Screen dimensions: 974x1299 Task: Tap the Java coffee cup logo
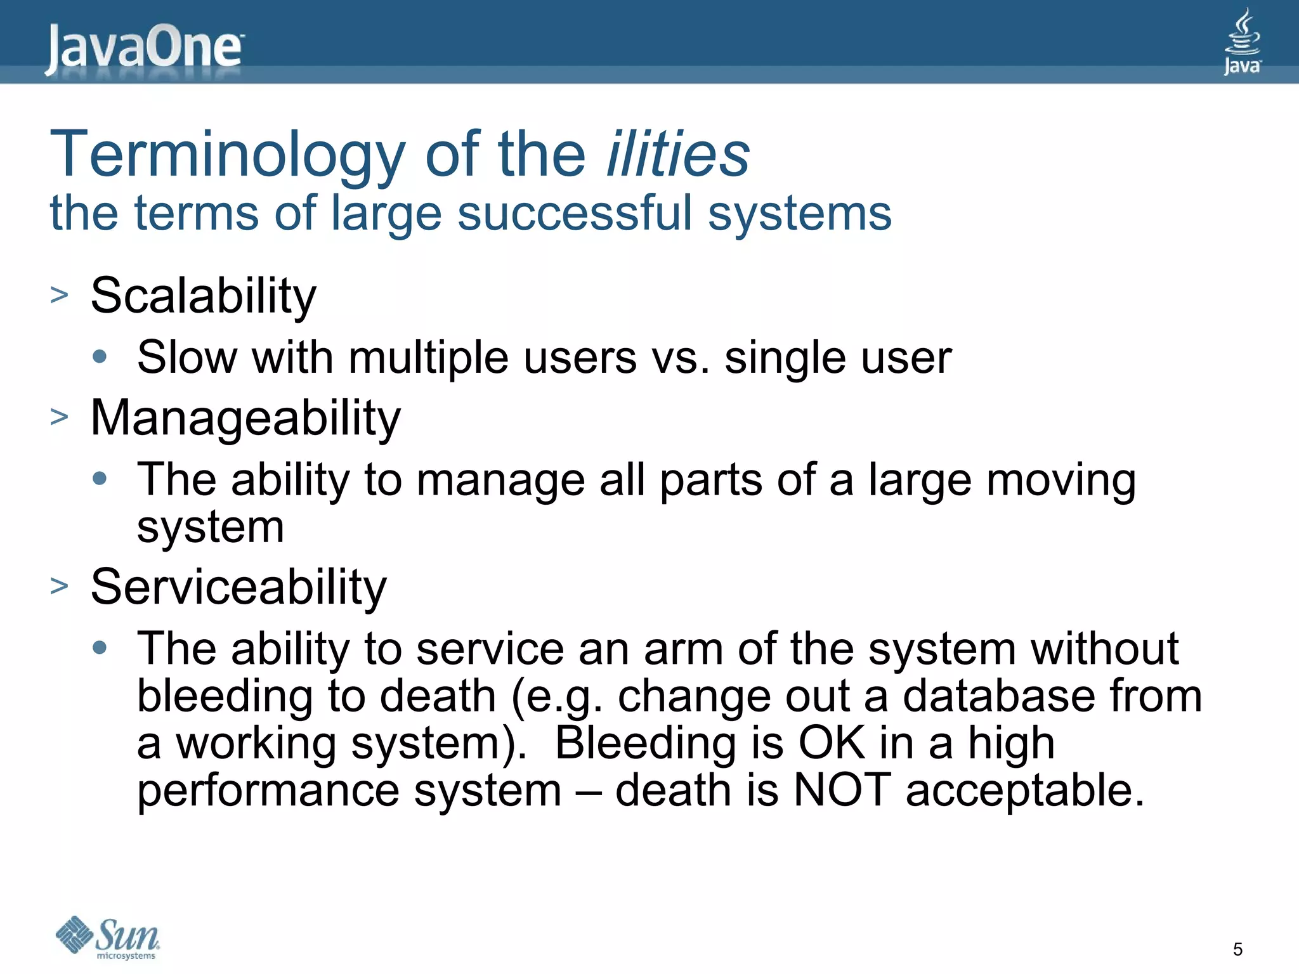pos(1242,42)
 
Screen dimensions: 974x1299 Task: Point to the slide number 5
pos(1237,949)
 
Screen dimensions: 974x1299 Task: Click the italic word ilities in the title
pos(677,154)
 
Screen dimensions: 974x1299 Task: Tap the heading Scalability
pos(203,296)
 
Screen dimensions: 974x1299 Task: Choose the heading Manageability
pos(245,419)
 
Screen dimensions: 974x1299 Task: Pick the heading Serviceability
pos(238,587)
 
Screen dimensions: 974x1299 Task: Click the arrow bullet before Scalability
pos(59,295)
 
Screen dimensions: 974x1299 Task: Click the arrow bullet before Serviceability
pos(59,586)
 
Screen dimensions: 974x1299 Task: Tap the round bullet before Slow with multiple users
pos(100,356)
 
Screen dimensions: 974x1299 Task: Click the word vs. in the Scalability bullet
pos(681,358)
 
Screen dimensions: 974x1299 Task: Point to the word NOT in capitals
pos(842,790)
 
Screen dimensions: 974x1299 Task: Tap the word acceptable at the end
pos(1024,791)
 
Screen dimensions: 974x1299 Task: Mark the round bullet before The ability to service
pos(100,647)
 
